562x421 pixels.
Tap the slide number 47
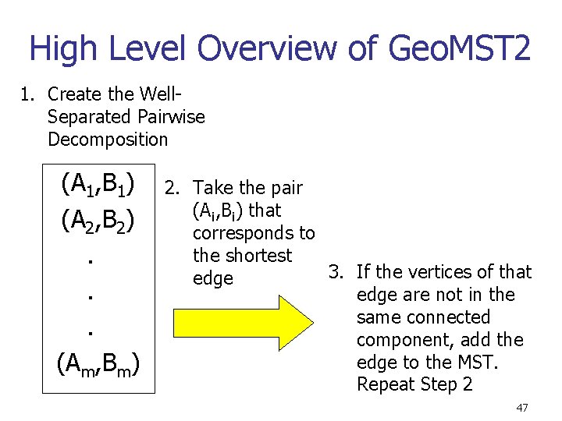click(521, 408)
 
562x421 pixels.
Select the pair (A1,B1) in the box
click(98, 186)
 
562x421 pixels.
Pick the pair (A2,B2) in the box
click(98, 221)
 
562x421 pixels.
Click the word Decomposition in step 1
click(108, 140)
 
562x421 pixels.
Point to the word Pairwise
click(169, 117)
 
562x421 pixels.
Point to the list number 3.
click(336, 271)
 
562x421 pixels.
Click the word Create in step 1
click(73, 94)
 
